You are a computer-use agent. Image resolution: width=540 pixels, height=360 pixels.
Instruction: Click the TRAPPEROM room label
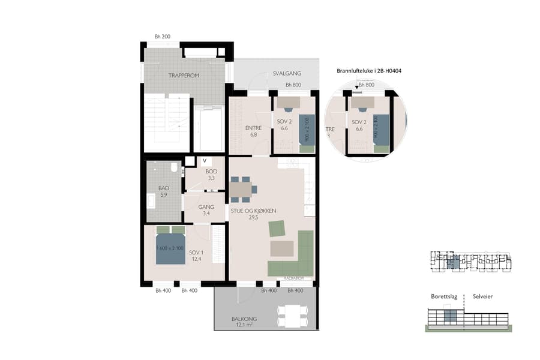tap(184, 75)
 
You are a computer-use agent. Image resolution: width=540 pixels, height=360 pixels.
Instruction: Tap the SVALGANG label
tap(287, 74)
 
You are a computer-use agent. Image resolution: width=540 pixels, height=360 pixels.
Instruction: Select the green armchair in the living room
tap(277, 229)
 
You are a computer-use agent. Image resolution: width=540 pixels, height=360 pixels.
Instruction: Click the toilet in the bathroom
tap(174, 169)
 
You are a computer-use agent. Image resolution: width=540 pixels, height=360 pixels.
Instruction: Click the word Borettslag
tap(444, 296)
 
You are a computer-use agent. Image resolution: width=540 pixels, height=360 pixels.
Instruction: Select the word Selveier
tap(484, 296)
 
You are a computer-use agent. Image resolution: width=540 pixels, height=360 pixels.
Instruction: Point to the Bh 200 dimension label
tap(162, 37)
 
